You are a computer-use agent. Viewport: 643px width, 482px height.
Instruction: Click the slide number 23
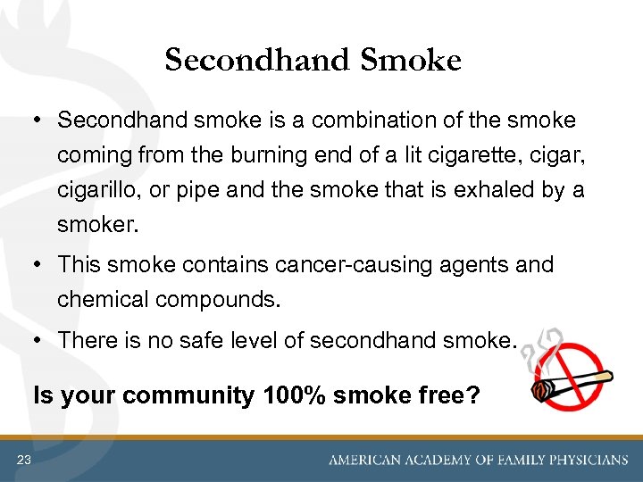23,460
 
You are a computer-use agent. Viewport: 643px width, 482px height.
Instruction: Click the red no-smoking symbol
564,371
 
